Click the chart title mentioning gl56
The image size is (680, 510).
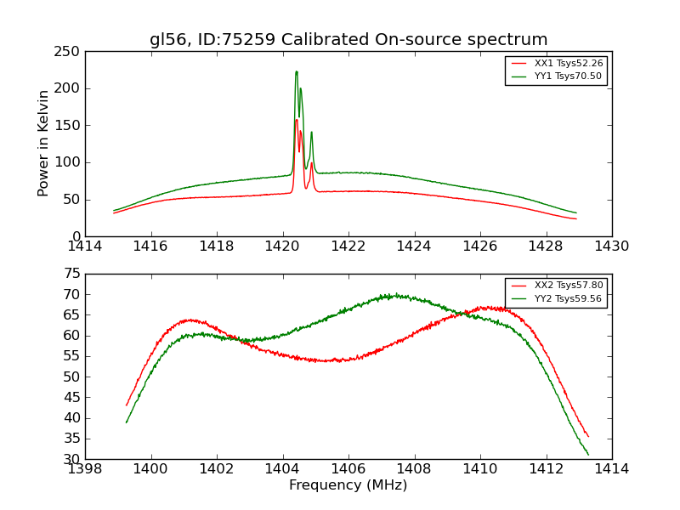(348, 40)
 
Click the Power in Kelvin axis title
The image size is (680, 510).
(44, 144)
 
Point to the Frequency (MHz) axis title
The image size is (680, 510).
(348, 485)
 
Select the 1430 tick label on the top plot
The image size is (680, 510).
(611, 246)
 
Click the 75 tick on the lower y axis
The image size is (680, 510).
(72, 274)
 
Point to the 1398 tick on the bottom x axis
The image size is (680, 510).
(85, 469)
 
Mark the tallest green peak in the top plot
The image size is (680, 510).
(296, 71)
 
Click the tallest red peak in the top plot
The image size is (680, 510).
(297, 120)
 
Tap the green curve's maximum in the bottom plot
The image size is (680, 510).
(394, 295)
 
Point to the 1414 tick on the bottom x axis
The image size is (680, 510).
(611, 469)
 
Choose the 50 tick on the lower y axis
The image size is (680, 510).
(72, 377)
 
